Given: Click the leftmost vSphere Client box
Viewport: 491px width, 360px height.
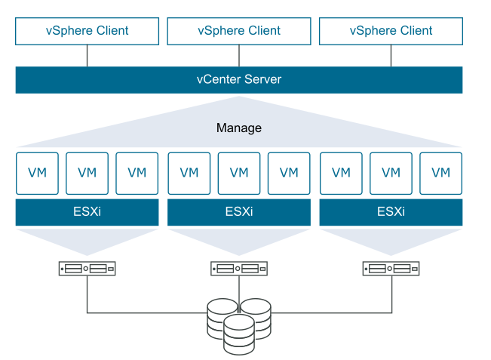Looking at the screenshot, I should coord(87,31).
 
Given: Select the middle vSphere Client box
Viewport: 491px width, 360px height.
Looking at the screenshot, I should coord(239,31).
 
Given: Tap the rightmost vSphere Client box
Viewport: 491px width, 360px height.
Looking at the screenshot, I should coord(391,31).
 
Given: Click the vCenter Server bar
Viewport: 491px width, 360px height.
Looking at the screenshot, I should coord(239,79).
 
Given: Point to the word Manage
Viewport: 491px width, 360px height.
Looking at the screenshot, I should coord(239,128).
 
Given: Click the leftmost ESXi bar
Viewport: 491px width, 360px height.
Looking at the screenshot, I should coord(87,212).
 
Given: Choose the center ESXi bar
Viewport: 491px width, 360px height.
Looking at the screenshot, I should coord(239,212).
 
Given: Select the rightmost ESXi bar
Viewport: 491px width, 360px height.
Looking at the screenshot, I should coord(391,212).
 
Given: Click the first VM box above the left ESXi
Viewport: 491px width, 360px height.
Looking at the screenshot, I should coord(37,173).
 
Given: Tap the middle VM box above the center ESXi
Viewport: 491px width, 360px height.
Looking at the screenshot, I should coord(239,173).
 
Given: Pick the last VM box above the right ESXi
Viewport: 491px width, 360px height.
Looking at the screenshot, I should coord(440,173).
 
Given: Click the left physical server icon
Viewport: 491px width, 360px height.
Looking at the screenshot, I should coord(87,268).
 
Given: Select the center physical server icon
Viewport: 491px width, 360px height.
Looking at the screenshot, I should coord(239,268).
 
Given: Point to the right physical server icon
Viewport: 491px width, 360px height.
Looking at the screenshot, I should coord(391,268).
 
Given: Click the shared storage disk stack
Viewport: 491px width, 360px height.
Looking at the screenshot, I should coord(239,322).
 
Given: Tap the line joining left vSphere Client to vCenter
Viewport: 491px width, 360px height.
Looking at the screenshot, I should coord(87,55).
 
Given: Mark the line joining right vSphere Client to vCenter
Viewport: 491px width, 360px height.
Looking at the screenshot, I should coord(391,55).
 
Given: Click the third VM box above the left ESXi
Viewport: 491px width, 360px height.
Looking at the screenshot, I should coord(137,173).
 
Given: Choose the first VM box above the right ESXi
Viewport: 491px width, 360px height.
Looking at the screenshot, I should coord(341,173).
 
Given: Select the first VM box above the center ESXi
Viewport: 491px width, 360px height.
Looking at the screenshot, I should coord(189,173).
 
